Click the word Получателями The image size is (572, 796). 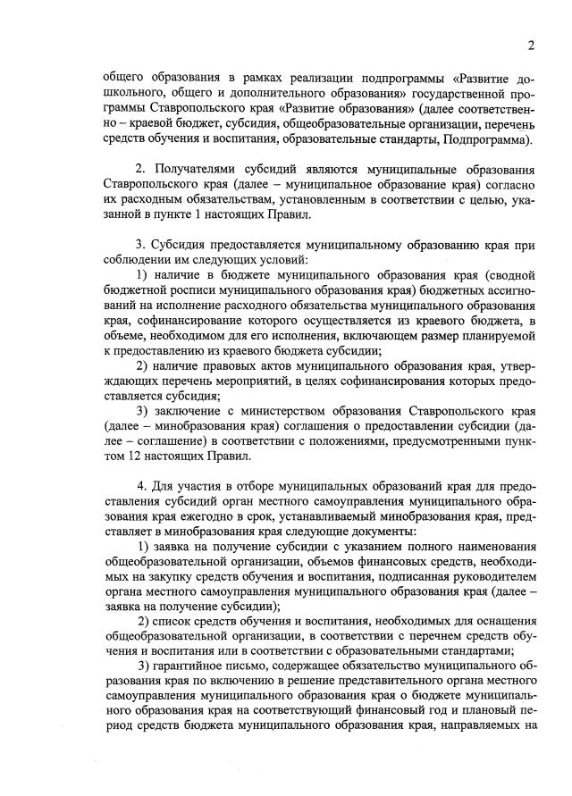point(200,170)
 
